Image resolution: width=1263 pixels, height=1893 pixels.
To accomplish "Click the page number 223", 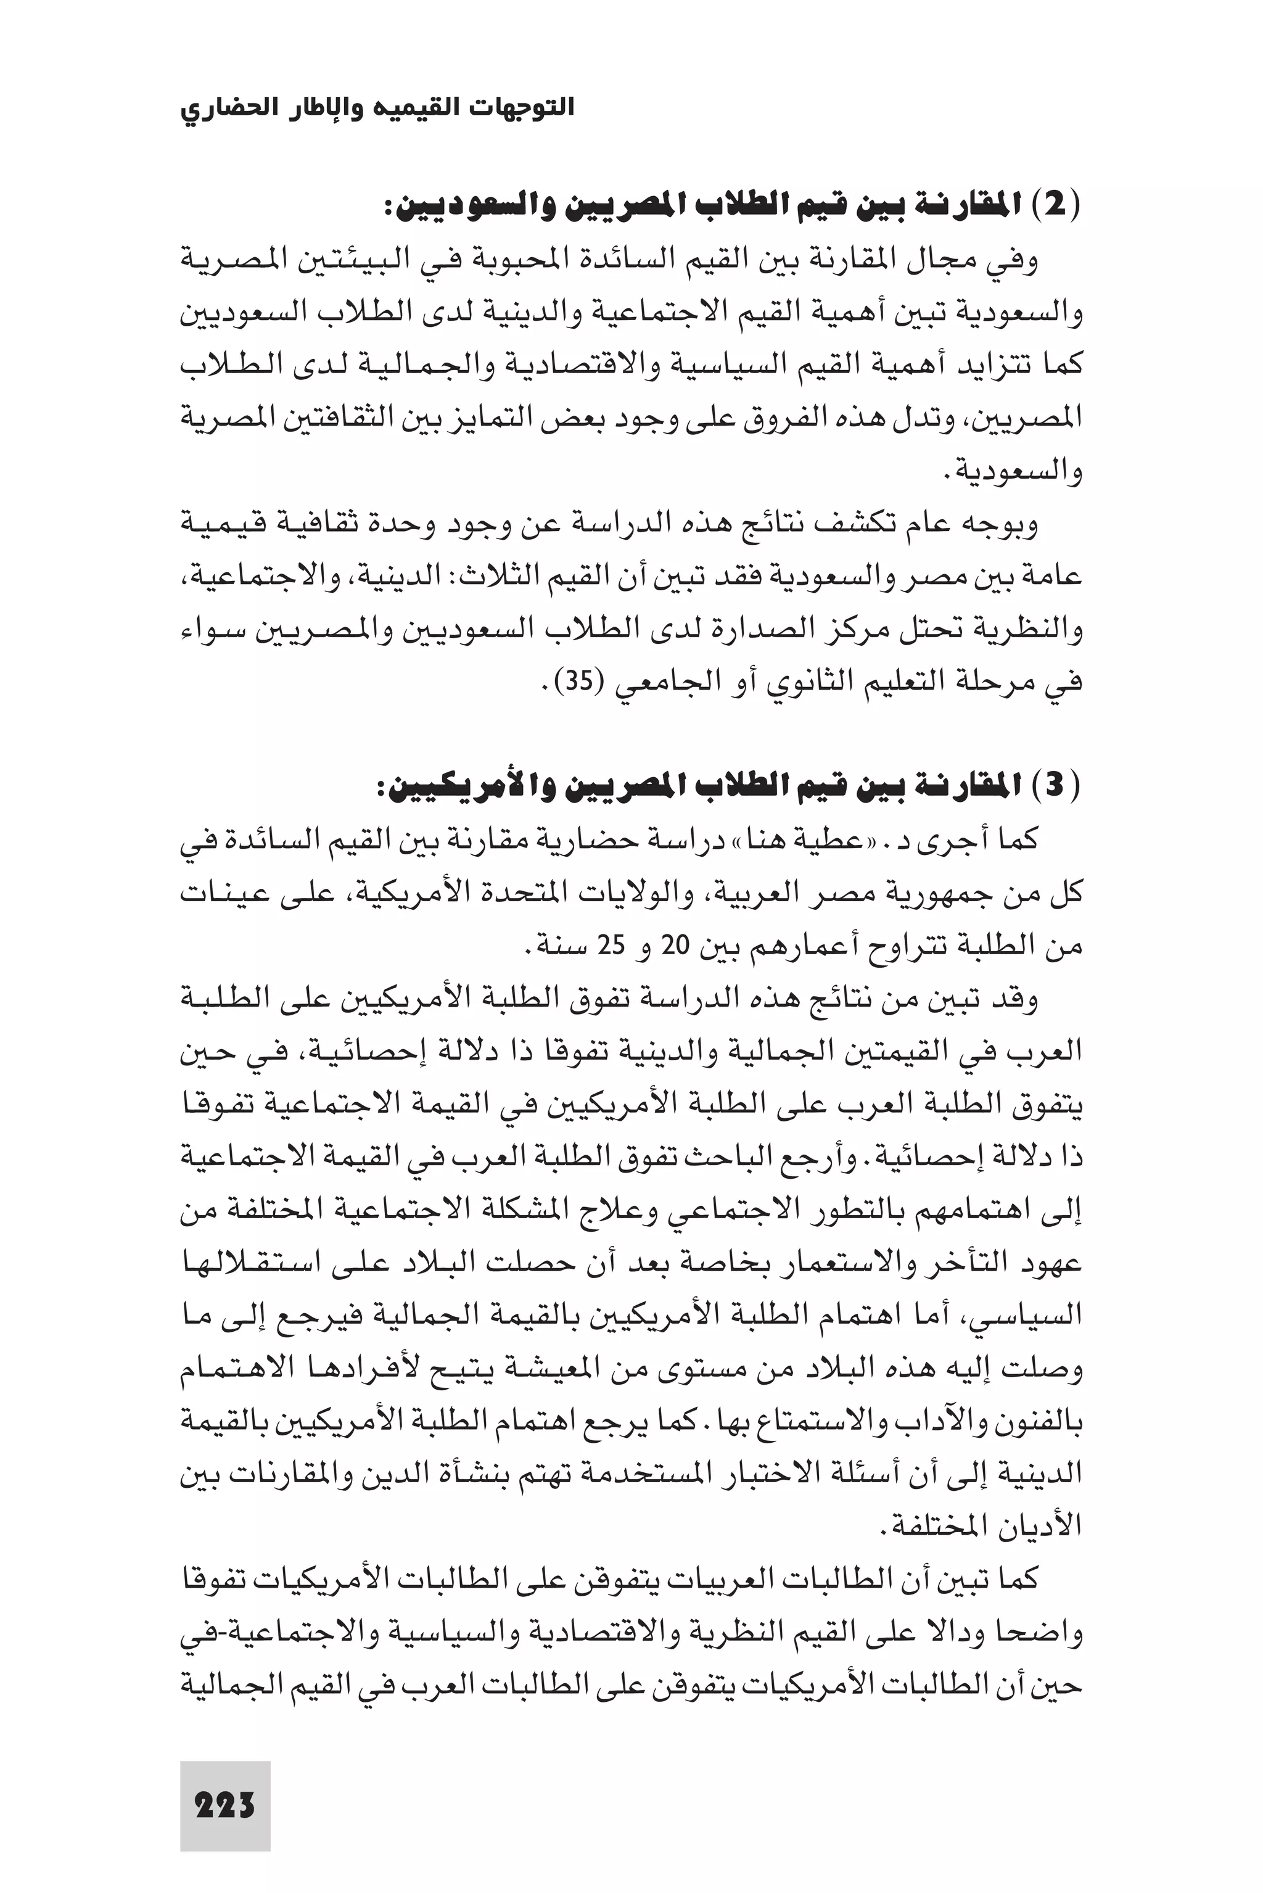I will click(224, 1783).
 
